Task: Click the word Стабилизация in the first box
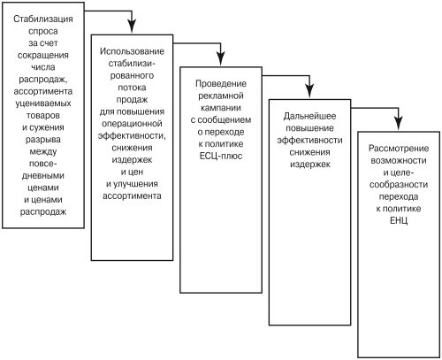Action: coord(43,19)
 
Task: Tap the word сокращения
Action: coord(43,56)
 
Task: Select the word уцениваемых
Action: coord(43,103)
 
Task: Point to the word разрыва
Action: coord(43,140)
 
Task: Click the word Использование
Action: coord(132,51)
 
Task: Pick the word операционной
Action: coord(132,124)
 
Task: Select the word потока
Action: coord(132,88)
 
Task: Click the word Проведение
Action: coord(221,84)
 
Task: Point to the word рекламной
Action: coord(221,96)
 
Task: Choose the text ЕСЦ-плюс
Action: coord(221,156)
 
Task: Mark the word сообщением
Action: coord(225,120)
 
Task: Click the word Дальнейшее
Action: coord(309,116)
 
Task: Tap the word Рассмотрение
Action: coord(399,149)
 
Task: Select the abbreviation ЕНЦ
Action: coord(399,220)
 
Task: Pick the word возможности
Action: coord(399,161)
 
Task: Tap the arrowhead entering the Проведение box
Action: coord(221,58)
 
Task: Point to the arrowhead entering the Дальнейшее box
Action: coord(309,91)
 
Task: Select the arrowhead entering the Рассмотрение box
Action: coord(399,123)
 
